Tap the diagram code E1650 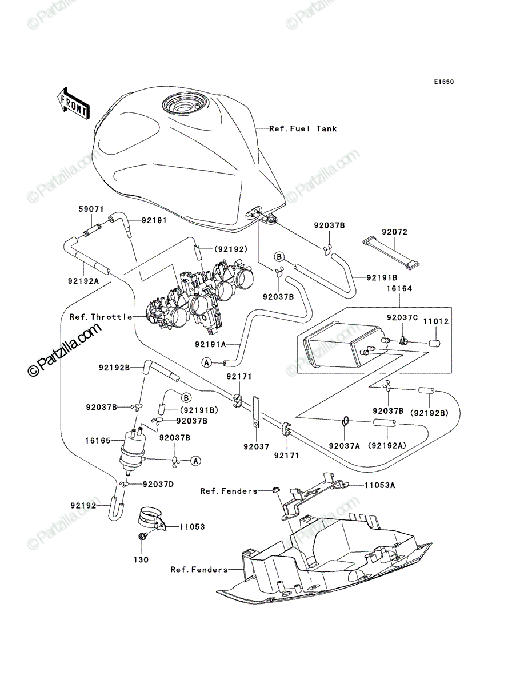[443, 82]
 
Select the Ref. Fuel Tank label [303, 128]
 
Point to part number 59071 [91, 209]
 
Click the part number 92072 [394, 232]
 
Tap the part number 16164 [399, 288]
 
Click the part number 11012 [436, 321]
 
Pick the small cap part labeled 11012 [434, 343]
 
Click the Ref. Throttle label [101, 317]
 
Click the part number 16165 [98, 441]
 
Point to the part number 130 [141, 559]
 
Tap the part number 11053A [380, 485]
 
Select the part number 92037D [158, 484]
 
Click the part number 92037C [402, 317]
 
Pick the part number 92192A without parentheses [83, 281]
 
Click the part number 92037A [344, 446]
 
